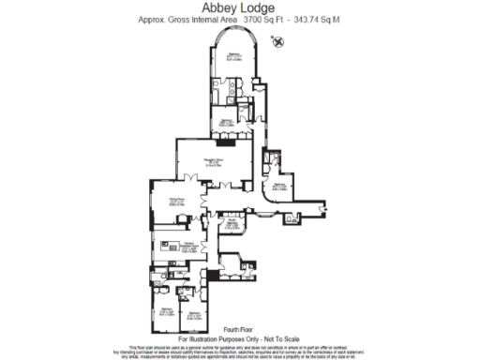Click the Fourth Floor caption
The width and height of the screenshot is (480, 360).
point(241,329)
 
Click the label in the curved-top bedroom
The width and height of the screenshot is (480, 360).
point(234,58)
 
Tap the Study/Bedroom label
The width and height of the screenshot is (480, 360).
point(231,224)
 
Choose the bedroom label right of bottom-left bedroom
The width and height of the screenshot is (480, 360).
point(195,316)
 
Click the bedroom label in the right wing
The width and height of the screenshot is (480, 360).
point(278,187)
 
